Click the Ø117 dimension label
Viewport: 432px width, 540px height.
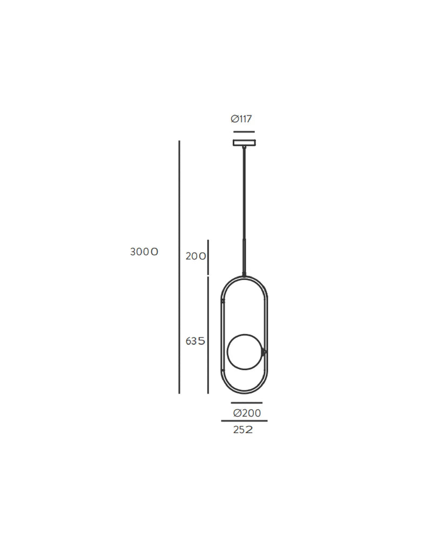[x=241, y=119]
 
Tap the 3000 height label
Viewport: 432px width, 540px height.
[x=144, y=252]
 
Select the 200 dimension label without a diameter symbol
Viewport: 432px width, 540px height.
[x=195, y=256]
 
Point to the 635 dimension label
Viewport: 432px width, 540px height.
[x=195, y=341]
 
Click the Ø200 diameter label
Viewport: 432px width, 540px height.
[x=247, y=414]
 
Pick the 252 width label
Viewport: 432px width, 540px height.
[x=243, y=430]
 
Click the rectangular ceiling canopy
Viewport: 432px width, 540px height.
[x=244, y=143]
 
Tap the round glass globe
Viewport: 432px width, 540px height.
[x=244, y=352]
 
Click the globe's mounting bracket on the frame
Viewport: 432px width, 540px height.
[x=264, y=352]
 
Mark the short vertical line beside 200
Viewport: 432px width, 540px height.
[x=208, y=257]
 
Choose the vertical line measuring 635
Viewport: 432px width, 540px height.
[x=208, y=335]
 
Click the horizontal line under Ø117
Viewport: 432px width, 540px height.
[x=244, y=131]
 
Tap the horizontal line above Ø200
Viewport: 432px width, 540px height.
[x=246, y=403]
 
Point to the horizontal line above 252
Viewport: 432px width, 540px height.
[x=244, y=421]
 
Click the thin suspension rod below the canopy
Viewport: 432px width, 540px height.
[x=244, y=195]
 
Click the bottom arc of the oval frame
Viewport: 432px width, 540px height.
[x=244, y=392]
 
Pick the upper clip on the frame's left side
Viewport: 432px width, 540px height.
[x=222, y=301]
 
